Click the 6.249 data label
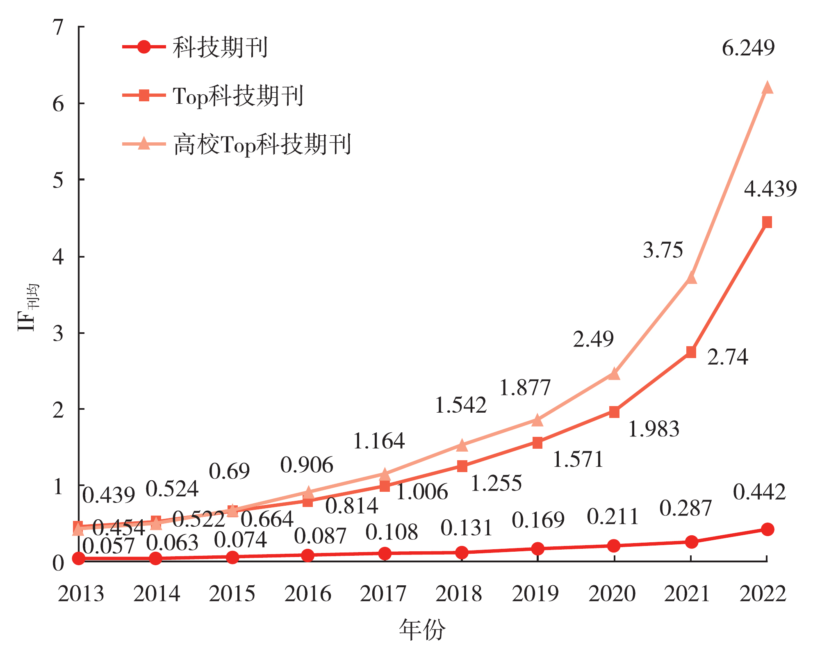tap(748, 48)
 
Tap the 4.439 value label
tap(770, 189)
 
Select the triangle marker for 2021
tap(691, 278)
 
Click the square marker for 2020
tap(614, 412)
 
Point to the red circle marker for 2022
tap(767, 529)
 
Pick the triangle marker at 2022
tap(767, 88)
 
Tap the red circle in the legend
tap(144, 47)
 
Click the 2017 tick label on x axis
tap(383, 594)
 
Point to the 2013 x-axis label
tap(81, 594)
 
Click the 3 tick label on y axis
tap(59, 333)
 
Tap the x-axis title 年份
tap(422, 630)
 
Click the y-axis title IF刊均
tap(28, 308)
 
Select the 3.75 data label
tap(663, 250)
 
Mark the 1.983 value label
tap(654, 429)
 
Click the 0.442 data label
tap(759, 492)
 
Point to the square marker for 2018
tap(462, 466)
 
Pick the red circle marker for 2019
tap(537, 548)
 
